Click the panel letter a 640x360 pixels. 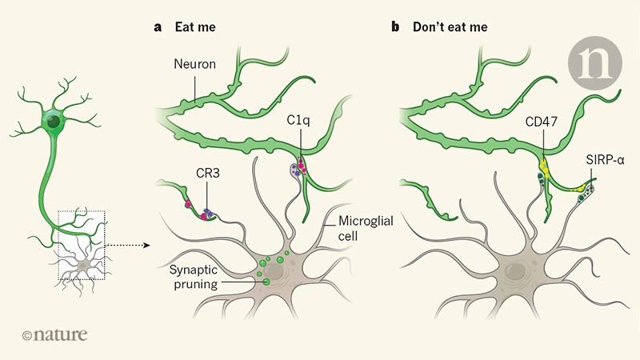pyautogui.click(x=158, y=26)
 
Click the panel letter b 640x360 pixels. pyautogui.click(x=395, y=26)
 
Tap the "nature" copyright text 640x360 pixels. pyautogui.click(x=56, y=334)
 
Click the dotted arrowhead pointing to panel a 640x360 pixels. pyautogui.click(x=149, y=245)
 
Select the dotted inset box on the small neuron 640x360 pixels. pyautogui.click(x=81, y=245)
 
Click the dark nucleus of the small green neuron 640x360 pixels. pyautogui.click(x=54, y=122)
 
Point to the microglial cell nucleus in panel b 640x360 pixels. pyautogui.click(x=516, y=273)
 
